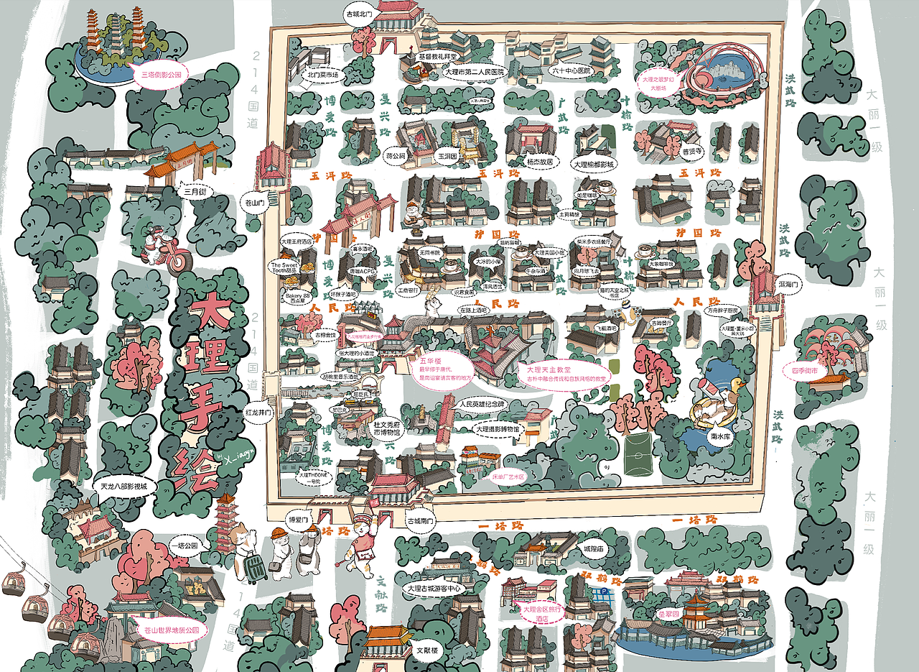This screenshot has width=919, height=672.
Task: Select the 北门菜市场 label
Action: pyautogui.click(x=322, y=74)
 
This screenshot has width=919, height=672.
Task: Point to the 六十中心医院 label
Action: pyautogui.click(x=571, y=71)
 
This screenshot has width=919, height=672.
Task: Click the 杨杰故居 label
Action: pyautogui.click(x=539, y=162)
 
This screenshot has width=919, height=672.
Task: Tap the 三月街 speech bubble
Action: pyautogui.click(x=193, y=192)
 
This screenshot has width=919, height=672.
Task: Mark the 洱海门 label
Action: pyautogui.click(x=790, y=284)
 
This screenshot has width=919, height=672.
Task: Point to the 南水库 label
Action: pyautogui.click(x=720, y=436)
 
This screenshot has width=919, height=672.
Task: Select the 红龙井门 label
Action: pyautogui.click(x=258, y=414)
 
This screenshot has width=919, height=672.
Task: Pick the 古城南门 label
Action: pyautogui.click(x=421, y=521)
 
